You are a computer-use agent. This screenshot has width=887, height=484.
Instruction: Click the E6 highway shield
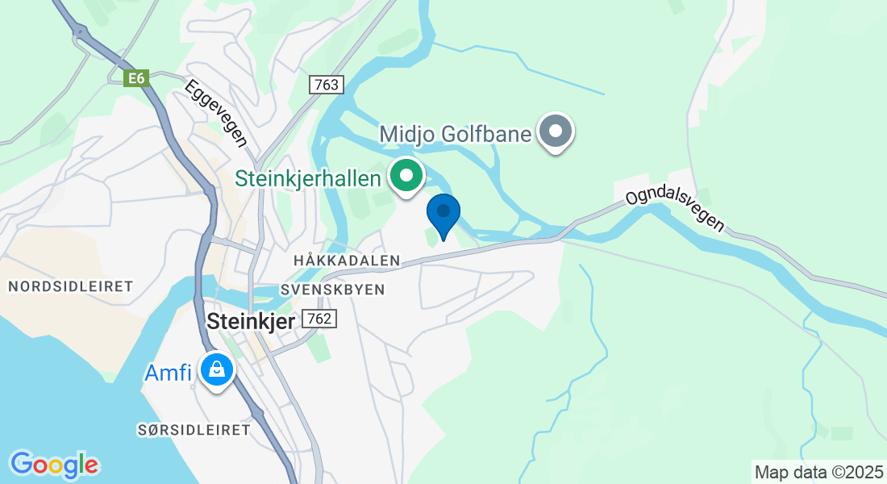click(135, 77)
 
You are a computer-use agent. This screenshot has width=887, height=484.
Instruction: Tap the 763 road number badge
click(327, 85)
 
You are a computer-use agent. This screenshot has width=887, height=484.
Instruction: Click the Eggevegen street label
click(215, 113)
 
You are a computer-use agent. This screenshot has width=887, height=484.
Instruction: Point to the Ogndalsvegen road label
click(675, 210)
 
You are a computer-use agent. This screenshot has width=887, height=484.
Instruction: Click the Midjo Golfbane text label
click(456, 133)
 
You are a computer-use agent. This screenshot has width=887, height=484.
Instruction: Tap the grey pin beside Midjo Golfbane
click(555, 131)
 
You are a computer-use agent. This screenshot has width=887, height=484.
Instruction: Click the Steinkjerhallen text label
click(307, 177)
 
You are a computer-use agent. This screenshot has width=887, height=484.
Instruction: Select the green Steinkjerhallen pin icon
click(407, 174)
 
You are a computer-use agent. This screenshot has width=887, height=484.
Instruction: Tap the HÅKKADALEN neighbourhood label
click(348, 261)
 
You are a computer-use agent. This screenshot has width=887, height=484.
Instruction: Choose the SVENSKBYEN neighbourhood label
click(333, 289)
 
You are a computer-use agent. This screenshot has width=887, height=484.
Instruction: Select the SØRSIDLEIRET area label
click(194, 430)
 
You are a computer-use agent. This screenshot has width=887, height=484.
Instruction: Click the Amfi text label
click(168, 373)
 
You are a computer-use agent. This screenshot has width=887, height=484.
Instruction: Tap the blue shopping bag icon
click(216, 370)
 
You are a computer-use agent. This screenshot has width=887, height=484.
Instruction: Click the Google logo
click(54, 465)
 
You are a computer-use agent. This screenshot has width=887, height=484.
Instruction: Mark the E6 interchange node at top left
click(79, 31)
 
